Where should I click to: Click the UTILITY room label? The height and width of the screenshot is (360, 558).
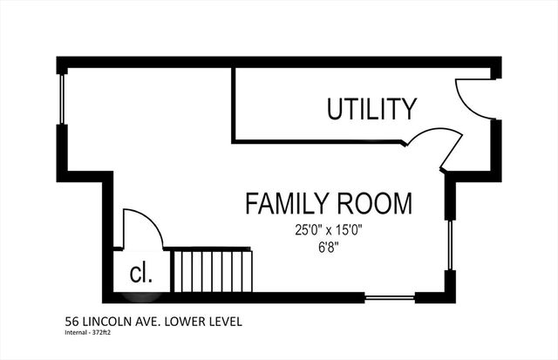coord(371,110)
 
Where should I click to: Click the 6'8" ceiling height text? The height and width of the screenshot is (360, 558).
coord(328,247)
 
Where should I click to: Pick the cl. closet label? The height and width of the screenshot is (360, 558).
coord(140,274)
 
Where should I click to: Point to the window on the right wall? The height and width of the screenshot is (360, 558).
coord(450,245)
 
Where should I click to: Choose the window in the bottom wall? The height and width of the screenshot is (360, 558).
coord(389,298)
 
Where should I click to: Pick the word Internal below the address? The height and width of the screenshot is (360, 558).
coord(78,332)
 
